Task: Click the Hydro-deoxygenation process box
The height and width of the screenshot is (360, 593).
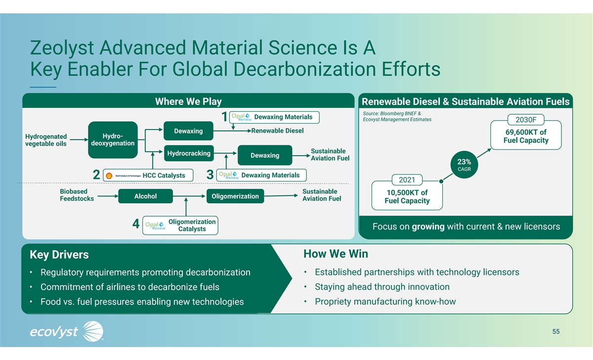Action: click(x=113, y=140)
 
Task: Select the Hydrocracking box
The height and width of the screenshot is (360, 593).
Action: click(x=189, y=153)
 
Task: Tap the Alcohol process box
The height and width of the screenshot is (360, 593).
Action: click(x=145, y=196)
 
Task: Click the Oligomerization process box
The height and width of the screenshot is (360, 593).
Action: click(x=235, y=196)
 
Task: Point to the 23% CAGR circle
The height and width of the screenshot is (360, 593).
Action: click(x=464, y=165)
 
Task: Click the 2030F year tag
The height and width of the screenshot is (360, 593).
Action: click(x=526, y=120)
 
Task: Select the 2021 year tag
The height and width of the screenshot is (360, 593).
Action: click(x=407, y=180)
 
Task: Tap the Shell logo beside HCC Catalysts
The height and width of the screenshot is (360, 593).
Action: click(x=109, y=176)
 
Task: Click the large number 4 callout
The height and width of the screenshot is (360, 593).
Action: click(x=136, y=224)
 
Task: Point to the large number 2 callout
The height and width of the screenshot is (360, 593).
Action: click(x=96, y=175)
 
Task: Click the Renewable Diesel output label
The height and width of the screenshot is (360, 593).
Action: click(x=277, y=131)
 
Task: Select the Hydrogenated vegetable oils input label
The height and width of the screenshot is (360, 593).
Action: click(x=46, y=140)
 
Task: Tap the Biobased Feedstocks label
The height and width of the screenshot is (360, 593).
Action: click(x=77, y=195)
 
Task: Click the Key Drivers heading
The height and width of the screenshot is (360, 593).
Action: click(x=59, y=255)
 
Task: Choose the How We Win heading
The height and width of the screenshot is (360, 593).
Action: click(x=336, y=254)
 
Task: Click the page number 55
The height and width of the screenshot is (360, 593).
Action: click(x=556, y=332)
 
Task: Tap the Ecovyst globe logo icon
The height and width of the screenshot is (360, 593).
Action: click(x=93, y=331)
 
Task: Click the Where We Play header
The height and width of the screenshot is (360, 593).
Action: click(x=188, y=101)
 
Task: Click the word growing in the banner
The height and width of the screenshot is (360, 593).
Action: click(x=428, y=227)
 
